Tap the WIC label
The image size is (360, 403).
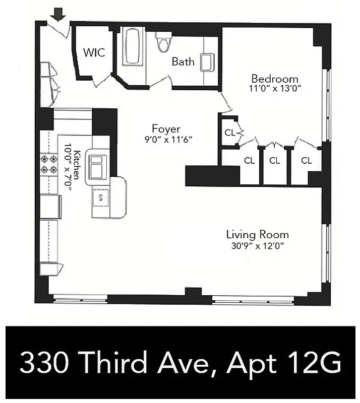coord(94,52)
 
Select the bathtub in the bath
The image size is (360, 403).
coord(133,48)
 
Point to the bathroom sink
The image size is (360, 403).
coord(208,62)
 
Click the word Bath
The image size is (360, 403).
coord(183,62)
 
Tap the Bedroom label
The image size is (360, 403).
coord(275,79)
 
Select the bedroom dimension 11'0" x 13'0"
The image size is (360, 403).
coord(275,89)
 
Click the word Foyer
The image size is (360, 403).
coord(166,129)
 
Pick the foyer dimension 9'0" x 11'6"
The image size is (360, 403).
coord(166,139)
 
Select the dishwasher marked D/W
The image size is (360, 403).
coord(101,197)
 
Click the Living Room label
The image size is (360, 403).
coord(257,235)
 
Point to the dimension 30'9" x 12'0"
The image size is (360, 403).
coord(257,246)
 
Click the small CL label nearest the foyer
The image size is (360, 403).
coord(229,133)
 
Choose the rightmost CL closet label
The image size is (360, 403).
coord(306,161)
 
